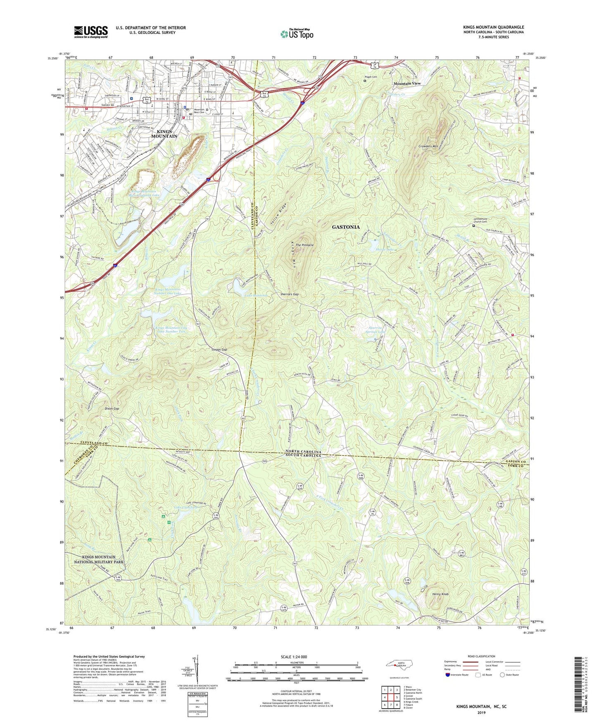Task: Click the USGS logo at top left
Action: (90, 31)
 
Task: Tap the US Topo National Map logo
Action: (296, 33)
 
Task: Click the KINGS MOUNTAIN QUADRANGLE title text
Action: (493, 27)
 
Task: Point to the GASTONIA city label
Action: (346, 227)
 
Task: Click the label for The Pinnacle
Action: (304, 245)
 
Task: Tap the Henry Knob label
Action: (440, 594)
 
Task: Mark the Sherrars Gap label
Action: (289, 294)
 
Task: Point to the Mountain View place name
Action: (407, 83)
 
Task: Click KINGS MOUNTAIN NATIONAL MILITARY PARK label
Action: (99, 560)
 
